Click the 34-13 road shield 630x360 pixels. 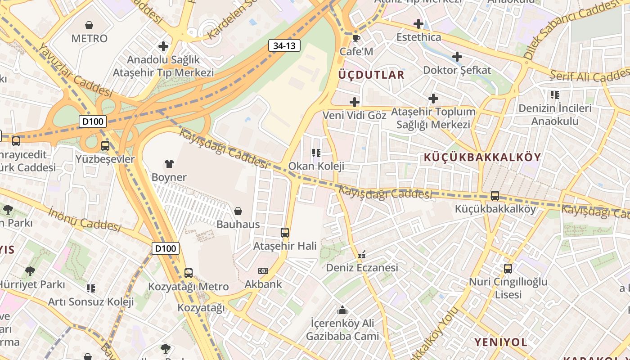pos(284,45)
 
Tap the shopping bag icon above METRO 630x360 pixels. pos(89,25)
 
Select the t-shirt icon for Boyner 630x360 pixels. pos(169,163)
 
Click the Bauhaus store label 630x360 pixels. pos(238,224)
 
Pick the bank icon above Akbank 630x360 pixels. pos(263,271)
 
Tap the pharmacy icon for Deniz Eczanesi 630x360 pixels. pos(361,255)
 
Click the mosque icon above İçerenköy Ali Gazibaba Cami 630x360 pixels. pos(342,310)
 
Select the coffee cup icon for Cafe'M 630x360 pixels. pos(356,38)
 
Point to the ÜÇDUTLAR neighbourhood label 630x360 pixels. pos(371,75)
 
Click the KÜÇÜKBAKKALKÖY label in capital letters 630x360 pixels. pos(482,157)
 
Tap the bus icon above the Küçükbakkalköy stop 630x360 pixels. pos(495,196)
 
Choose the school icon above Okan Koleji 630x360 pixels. pos(316,153)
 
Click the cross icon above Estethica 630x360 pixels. pos(418,23)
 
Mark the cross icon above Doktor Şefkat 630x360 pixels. pos(457,57)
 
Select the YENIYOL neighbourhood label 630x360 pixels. pos(500,342)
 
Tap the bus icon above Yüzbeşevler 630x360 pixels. pos(105,146)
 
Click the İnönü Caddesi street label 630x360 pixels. pos(85,219)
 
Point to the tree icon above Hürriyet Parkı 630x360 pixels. pos(30,271)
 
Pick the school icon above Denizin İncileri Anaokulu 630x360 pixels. pos(554,95)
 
